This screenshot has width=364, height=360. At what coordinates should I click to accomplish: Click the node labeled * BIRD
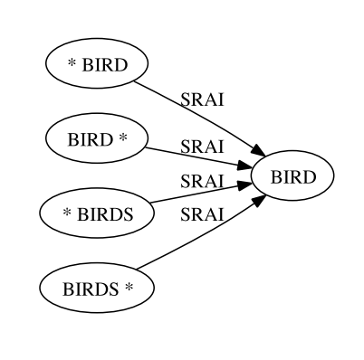pos(97,65)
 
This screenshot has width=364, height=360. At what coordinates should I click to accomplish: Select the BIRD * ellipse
pos(97,140)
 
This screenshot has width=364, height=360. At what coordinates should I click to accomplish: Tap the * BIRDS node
pos(97,214)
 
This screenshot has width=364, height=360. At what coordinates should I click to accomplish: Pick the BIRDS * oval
pos(97,289)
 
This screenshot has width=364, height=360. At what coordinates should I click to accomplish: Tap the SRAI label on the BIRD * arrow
pos(202,146)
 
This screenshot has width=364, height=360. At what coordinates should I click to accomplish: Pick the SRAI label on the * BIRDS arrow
pos(202,181)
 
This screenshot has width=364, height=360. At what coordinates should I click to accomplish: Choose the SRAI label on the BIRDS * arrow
pos(202,214)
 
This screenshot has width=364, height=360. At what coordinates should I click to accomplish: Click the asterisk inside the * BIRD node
pos(72,65)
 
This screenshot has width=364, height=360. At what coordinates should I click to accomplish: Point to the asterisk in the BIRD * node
pos(122,139)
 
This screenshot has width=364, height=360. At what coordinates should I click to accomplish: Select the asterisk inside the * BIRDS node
pos(67,214)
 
